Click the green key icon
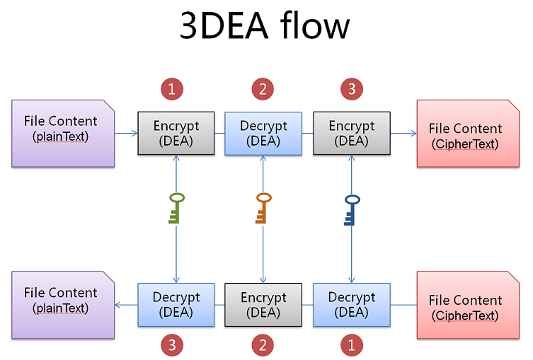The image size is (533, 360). (176, 208)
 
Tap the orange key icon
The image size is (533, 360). (263, 208)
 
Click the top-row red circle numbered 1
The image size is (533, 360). (172, 89)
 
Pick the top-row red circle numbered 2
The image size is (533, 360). (263, 89)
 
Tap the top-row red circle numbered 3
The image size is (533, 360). (351, 89)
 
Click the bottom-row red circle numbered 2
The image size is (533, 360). (263, 344)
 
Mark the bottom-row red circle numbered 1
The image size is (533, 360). (351, 344)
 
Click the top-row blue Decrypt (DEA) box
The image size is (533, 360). (263, 133)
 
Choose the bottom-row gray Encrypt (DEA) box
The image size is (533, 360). (263, 305)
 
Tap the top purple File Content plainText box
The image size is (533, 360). (63, 133)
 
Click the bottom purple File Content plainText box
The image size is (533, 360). (63, 304)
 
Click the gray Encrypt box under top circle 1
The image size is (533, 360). (176, 133)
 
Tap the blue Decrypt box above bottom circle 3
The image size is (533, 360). (176, 305)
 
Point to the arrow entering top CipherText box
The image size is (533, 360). (403, 133)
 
